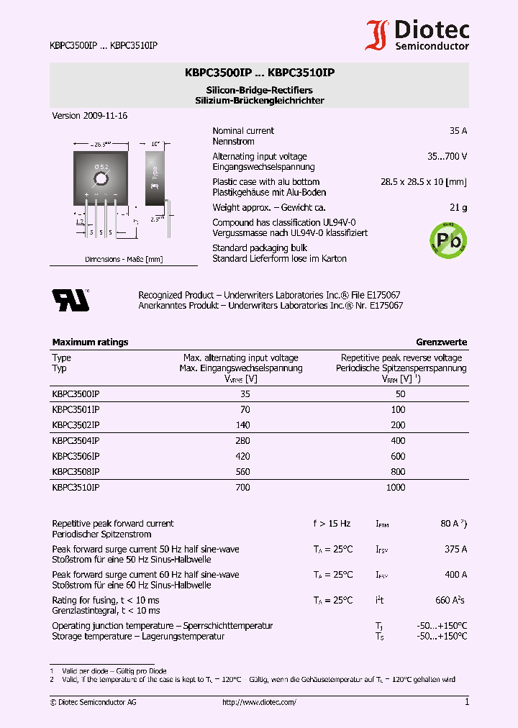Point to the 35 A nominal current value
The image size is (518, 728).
[x=458, y=131]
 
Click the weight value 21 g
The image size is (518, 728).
[x=458, y=207]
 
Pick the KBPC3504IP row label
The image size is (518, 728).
[x=76, y=440]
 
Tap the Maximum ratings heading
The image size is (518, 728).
[x=90, y=342]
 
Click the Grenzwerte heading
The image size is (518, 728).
[x=441, y=342]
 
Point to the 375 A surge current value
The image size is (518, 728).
[x=455, y=550]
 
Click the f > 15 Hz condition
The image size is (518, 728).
[x=332, y=524]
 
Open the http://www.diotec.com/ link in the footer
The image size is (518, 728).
[x=259, y=702]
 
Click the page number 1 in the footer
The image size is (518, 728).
[x=466, y=702]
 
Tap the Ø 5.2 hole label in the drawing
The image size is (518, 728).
[x=101, y=167]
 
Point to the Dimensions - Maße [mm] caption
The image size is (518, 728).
[x=124, y=259]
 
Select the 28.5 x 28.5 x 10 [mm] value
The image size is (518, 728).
[x=423, y=182]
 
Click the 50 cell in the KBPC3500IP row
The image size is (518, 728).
[x=401, y=394]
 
